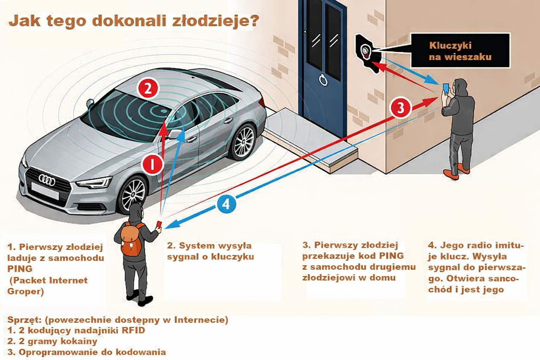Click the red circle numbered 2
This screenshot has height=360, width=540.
coord(148,88)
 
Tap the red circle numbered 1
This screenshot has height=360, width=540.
coord(153,164)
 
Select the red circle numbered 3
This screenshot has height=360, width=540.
coord(400,108)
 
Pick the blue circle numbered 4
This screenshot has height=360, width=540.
coord(226,204)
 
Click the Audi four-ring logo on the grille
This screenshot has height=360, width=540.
coord(47,180)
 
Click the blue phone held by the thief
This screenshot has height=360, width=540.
coord(445,88)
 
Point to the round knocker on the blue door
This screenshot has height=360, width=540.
coord(323,80)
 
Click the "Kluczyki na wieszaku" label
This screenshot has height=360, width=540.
coord(460,51)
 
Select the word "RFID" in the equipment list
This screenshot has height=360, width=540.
coord(133,330)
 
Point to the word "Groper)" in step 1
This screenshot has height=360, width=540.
coord(25,291)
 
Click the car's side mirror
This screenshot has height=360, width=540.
coord(175,134)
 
